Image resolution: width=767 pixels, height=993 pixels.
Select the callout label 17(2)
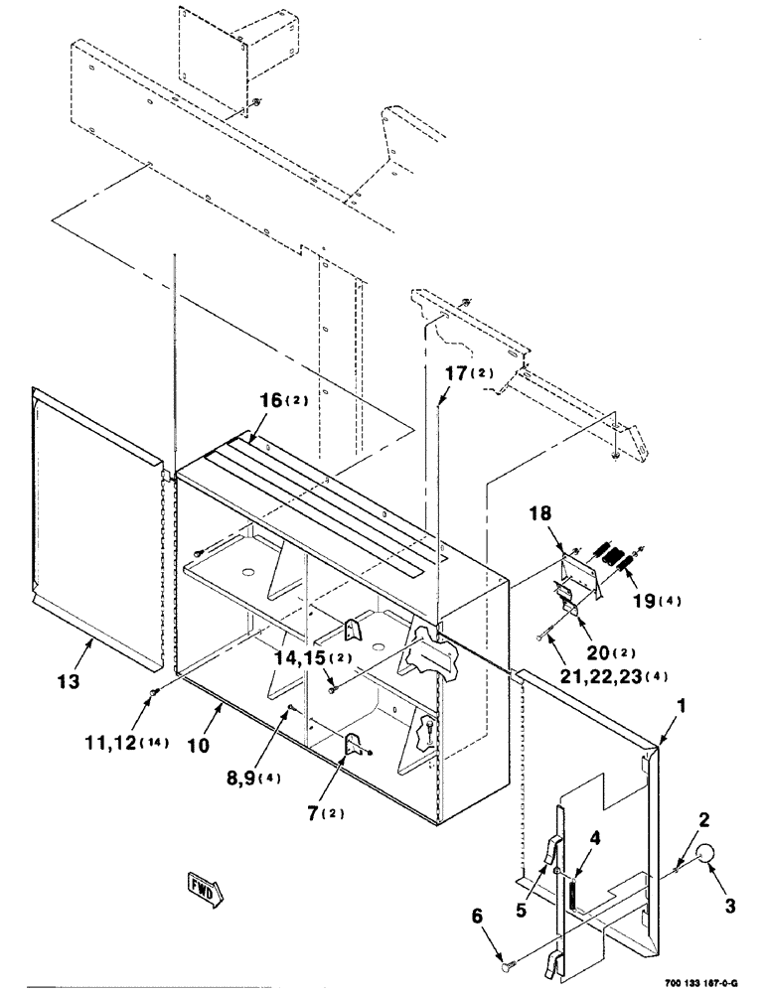[x=468, y=374]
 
